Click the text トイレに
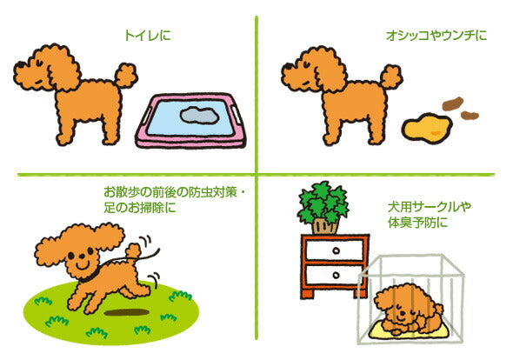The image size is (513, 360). pyautogui.click(x=145, y=37)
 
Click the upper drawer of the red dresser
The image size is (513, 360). pyautogui.click(x=335, y=252)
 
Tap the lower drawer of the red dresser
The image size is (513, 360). pyautogui.click(x=335, y=277)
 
